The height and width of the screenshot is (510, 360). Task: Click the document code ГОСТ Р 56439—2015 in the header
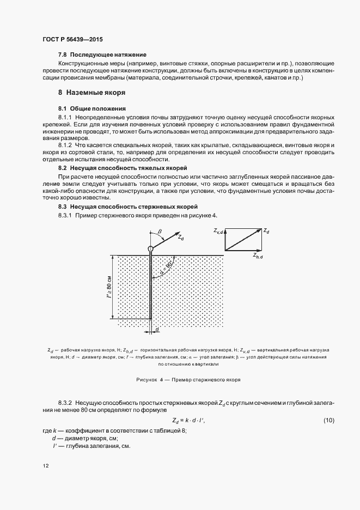coord(72,40)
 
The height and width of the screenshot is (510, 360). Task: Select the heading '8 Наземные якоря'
coord(92,93)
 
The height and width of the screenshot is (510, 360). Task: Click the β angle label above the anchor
coord(160,232)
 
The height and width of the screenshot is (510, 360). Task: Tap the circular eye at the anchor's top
coord(150,249)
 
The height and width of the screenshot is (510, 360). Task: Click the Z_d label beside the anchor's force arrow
coord(189,238)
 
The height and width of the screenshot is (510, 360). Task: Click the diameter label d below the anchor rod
coord(157,330)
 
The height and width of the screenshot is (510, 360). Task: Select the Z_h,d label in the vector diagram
coord(258,255)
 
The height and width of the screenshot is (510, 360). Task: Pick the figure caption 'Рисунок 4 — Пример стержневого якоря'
coord(187,379)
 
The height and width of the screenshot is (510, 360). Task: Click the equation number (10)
coord(329,420)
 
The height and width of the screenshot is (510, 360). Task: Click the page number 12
coord(46,466)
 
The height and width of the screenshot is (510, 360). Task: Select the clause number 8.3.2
coord(66,401)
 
